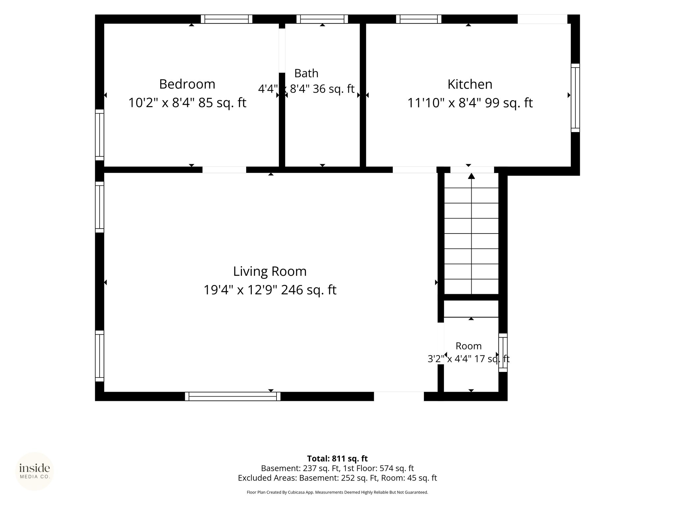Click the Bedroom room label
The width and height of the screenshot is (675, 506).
click(187, 84)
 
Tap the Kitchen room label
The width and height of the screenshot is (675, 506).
click(470, 84)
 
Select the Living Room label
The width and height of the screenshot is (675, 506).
click(270, 271)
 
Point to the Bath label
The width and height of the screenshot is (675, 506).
click(306, 73)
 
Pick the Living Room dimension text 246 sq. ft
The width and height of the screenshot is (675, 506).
click(308, 290)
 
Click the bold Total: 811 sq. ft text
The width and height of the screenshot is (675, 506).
click(337, 459)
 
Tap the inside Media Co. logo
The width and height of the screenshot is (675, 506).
click(35, 471)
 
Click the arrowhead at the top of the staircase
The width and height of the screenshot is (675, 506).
click(471, 176)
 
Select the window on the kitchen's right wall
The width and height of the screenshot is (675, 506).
click(575, 98)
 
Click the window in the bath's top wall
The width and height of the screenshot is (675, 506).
click(322, 19)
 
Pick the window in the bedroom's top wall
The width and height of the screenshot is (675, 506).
click(226, 19)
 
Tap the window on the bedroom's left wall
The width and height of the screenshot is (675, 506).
click(100, 135)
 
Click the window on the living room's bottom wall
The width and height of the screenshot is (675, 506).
click(233, 396)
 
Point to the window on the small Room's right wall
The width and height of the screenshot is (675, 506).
click(503, 352)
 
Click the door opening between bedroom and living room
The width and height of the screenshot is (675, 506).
click(224, 170)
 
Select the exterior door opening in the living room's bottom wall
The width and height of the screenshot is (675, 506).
click(399, 396)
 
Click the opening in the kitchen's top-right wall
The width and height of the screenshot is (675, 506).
click(542, 19)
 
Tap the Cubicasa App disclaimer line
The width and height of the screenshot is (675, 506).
click(337, 492)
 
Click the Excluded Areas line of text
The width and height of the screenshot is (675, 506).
click(337, 478)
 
